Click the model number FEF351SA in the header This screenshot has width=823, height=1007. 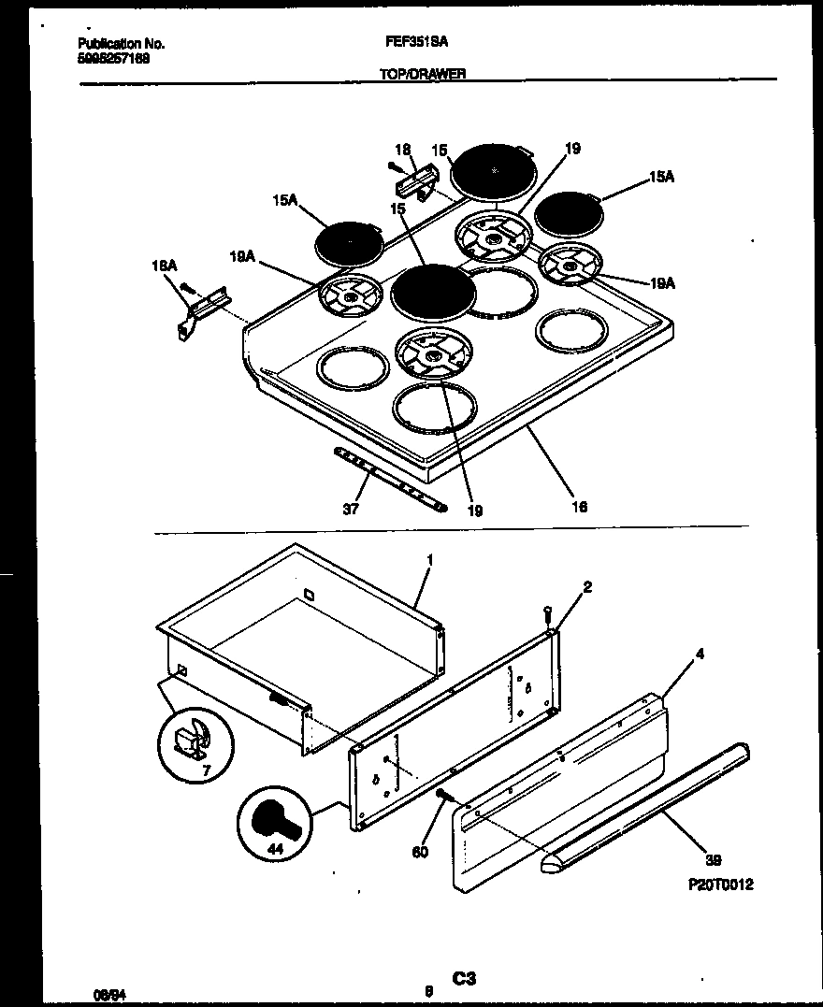417,43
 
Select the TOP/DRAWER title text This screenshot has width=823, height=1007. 423,74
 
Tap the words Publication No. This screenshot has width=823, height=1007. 121,44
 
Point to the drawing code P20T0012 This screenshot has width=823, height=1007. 720,885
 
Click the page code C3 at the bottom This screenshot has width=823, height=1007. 465,979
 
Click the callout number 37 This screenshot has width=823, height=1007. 351,510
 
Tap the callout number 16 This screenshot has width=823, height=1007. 579,507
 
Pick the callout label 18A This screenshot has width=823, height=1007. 164,266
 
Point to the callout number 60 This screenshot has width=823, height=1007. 420,852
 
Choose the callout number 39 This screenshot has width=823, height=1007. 714,860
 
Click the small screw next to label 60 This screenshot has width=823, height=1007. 443,796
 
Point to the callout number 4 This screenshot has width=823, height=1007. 700,655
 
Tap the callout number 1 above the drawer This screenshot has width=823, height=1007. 429,559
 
